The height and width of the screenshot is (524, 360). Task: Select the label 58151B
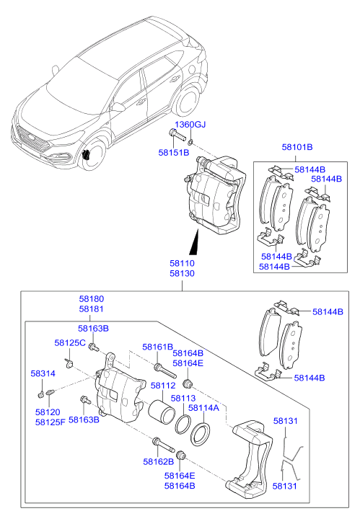[173, 153]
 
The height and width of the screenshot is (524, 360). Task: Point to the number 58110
[182, 265]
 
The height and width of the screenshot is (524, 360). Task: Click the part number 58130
[182, 275]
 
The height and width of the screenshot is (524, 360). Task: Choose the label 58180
[91, 298]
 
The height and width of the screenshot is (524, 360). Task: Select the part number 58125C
[70, 342]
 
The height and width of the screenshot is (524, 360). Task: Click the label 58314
[42, 374]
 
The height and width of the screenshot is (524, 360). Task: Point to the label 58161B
[157, 347]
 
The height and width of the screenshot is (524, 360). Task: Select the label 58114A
[203, 408]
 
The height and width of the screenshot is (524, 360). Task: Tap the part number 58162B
[158, 461]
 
